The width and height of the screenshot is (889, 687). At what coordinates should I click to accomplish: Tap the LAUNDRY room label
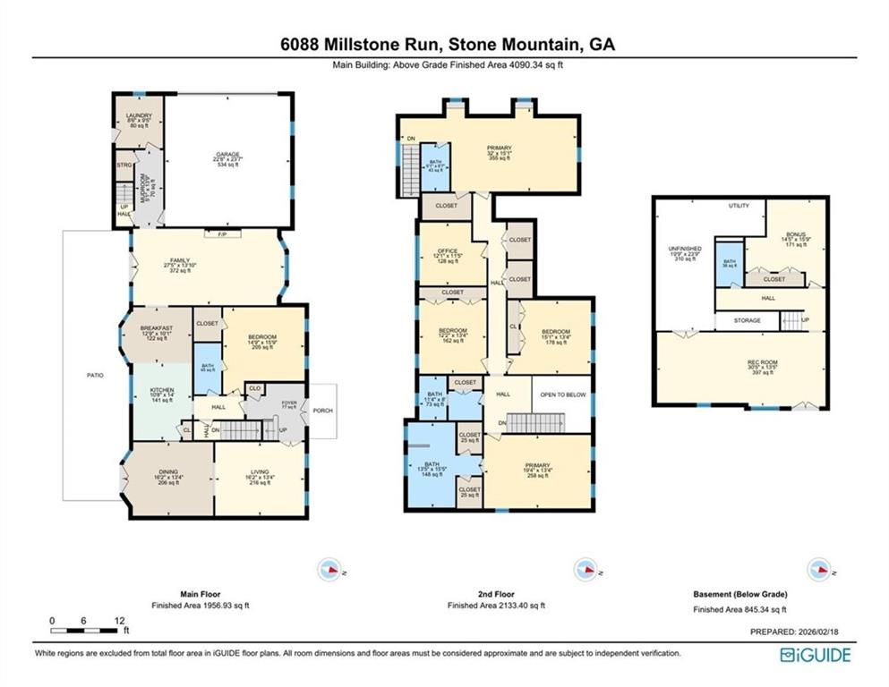pos(139,115)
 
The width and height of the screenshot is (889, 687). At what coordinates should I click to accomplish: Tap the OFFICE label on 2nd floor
pos(449,251)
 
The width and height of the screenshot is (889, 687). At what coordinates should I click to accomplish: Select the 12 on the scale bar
pos(118,620)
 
